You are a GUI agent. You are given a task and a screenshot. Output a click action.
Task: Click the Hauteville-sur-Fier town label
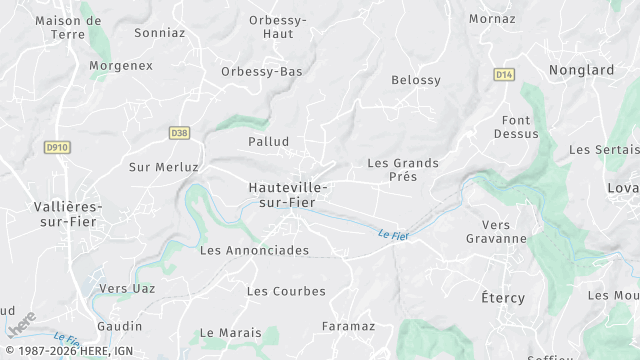[288, 195]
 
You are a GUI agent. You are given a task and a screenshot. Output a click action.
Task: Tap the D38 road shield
[179, 132]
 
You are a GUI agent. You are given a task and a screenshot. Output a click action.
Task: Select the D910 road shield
[58, 147]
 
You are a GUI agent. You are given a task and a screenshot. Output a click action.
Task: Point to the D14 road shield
[504, 74]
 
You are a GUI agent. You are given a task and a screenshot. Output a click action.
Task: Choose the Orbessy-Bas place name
[262, 72]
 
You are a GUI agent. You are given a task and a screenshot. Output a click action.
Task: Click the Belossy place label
[416, 80]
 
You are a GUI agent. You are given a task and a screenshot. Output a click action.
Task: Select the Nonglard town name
[581, 70]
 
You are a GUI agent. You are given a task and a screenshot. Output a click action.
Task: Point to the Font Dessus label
[516, 127]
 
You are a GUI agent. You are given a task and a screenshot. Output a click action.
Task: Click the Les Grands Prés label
[403, 169]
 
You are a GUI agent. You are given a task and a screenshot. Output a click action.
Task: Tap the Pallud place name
[269, 142]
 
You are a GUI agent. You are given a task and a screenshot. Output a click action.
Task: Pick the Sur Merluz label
[164, 167]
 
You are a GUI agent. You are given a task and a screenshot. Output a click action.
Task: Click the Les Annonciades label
[254, 250]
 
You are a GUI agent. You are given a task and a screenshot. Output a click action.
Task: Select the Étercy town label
[503, 298]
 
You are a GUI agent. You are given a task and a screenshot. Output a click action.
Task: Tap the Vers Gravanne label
[496, 232]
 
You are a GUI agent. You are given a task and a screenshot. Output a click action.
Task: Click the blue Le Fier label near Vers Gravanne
[396, 234]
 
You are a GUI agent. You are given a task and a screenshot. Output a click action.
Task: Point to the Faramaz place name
[348, 326]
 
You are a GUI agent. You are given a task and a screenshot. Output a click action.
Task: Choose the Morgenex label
[121, 66]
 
